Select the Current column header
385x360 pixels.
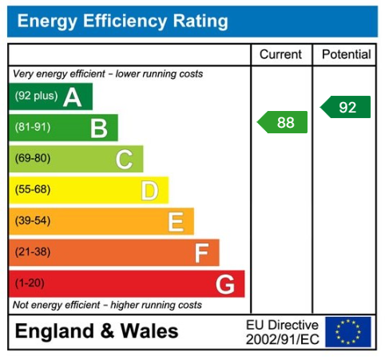pos(281,55)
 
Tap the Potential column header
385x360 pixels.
pos(346,55)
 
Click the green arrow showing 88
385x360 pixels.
pos(283,122)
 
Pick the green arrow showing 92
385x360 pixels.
pos(346,107)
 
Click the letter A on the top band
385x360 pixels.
pos(73,97)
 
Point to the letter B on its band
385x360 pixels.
pos(98,128)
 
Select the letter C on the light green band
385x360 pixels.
pos(124,159)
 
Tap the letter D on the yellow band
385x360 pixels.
pos(149,190)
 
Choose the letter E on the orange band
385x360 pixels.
pos(176,221)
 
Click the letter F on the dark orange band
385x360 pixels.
pos(201,252)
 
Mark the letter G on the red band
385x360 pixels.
pos(225,283)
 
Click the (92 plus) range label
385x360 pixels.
pos(37,97)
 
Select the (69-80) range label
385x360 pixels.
pos(33,159)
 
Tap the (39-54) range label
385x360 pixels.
pos(33,221)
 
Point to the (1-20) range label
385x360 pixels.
pos(30,283)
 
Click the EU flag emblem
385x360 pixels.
pos(347,331)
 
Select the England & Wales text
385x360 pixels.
pos(97,331)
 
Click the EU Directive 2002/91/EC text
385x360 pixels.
pos(282,331)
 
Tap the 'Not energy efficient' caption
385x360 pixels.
pos(107,305)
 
